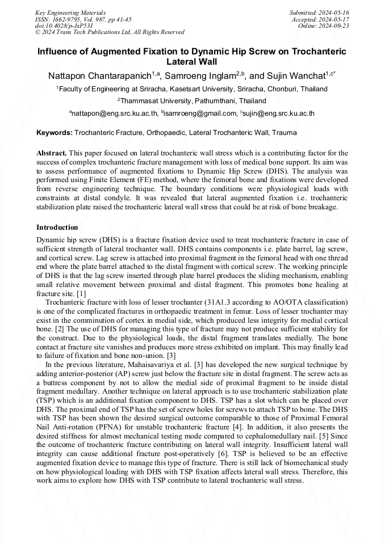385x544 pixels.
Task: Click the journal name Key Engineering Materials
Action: click(71, 12)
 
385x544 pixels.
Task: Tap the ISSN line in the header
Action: click(83, 19)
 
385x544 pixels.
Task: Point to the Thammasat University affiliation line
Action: click(193, 101)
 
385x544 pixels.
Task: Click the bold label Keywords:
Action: click(55, 133)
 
